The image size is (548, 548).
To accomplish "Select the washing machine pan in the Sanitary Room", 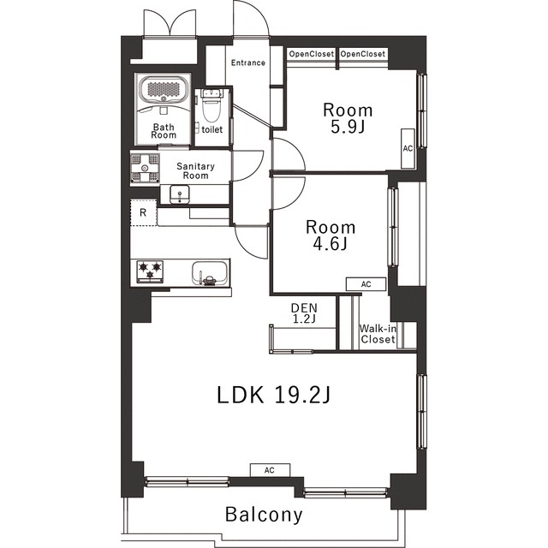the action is pyautogui.click(x=145, y=169).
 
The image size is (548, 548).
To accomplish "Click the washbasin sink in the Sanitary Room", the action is pyautogui.click(x=180, y=194).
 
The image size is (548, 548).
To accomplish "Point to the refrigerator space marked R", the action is pyautogui.click(x=143, y=212).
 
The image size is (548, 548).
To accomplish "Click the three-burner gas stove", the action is pyautogui.click(x=150, y=271).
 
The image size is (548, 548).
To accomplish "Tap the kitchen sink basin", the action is pyautogui.click(x=209, y=273).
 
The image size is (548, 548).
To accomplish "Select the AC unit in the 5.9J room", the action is pyautogui.click(x=408, y=148).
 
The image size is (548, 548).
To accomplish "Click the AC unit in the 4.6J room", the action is pyautogui.click(x=366, y=284).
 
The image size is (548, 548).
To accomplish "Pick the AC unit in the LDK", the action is pyautogui.click(x=270, y=470).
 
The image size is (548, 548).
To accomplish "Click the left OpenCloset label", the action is pyautogui.click(x=312, y=54).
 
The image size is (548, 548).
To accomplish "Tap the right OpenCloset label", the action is pyautogui.click(x=363, y=54).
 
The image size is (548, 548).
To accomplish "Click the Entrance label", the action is pyautogui.click(x=248, y=63).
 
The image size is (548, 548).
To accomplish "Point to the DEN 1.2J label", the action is pyautogui.click(x=304, y=313).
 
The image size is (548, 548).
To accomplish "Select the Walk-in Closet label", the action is pyautogui.click(x=378, y=334).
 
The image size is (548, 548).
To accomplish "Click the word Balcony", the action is pyautogui.click(x=264, y=515).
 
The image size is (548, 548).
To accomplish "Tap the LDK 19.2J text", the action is pyautogui.click(x=274, y=395).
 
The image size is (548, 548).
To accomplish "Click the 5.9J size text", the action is pyautogui.click(x=348, y=128).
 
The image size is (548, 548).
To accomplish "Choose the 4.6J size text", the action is pyautogui.click(x=331, y=244).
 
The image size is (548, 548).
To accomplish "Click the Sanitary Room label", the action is pyautogui.click(x=195, y=171).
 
